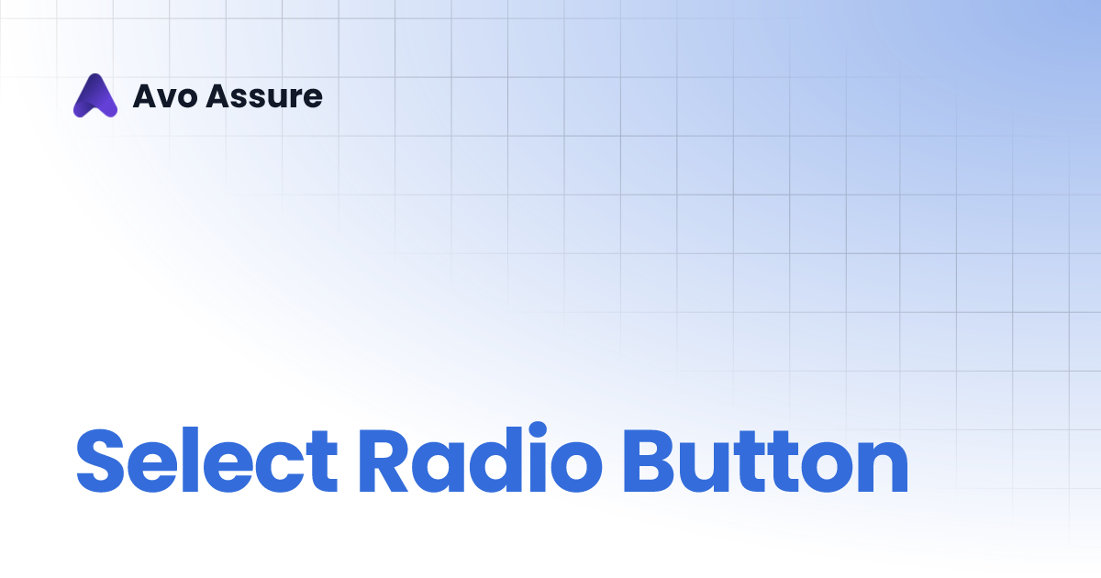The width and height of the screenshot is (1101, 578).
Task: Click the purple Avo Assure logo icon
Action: [x=95, y=95]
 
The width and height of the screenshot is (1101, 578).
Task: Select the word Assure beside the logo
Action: [x=264, y=96]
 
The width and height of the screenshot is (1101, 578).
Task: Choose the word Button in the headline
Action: [x=764, y=461]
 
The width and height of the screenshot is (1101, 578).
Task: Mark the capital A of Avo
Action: [x=145, y=96]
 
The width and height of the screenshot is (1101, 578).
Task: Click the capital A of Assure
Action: [x=217, y=96]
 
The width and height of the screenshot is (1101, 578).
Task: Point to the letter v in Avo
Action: [x=164, y=99]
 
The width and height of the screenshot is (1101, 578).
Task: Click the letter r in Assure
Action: [x=291, y=99]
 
